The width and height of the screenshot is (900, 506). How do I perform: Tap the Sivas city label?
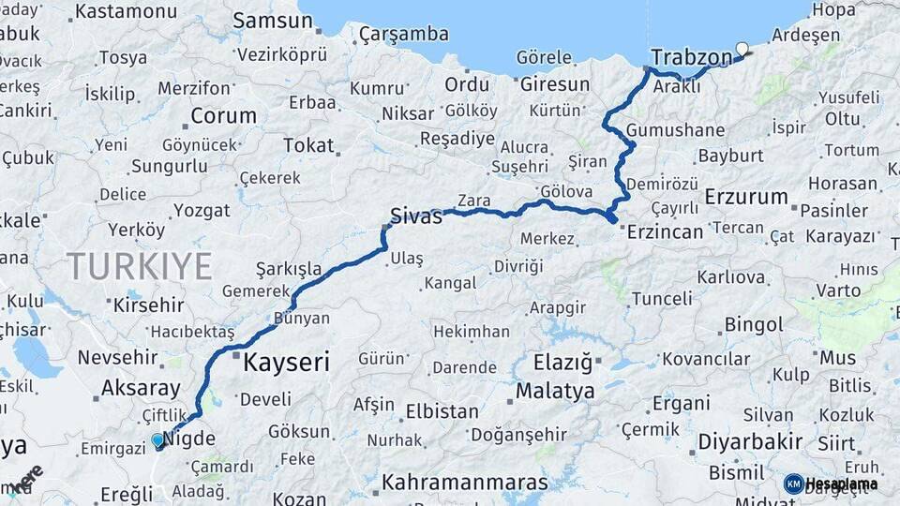[416, 216]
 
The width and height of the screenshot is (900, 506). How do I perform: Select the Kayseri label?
[286, 363]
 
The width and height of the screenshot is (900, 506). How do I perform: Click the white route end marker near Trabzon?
[742, 48]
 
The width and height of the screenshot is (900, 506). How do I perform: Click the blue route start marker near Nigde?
[157, 439]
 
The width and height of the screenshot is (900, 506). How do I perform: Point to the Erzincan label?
[667, 231]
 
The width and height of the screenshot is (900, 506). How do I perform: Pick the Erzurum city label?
[745, 197]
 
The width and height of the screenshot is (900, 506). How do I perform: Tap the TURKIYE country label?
[139, 267]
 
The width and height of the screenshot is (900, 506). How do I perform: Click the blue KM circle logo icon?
[793, 484]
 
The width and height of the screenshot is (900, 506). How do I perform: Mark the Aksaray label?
[141, 388]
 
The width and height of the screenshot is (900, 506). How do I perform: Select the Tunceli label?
[662, 299]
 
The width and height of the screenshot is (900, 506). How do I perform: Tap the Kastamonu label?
[126, 12]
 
